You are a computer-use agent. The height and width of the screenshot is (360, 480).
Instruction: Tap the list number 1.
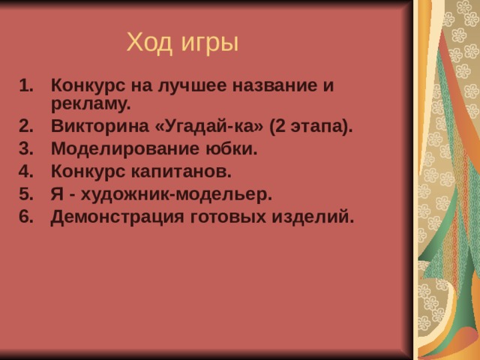tap(25, 85)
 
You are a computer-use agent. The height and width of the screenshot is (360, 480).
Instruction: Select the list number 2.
tap(25, 125)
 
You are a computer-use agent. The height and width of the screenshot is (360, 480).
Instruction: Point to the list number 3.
tap(25, 148)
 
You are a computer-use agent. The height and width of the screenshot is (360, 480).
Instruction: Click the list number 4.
tap(25, 171)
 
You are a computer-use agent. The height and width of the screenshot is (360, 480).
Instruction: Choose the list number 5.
tap(25, 194)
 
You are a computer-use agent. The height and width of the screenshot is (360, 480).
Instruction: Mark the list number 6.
tap(25, 217)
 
